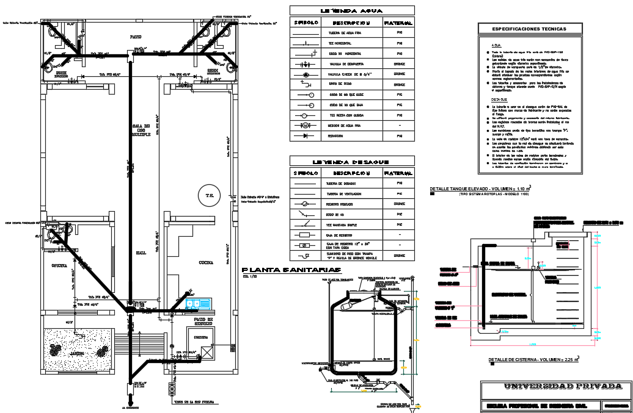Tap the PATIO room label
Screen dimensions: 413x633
[136, 37]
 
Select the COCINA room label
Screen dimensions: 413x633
[206, 263]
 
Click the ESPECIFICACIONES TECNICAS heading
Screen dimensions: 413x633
[530, 29]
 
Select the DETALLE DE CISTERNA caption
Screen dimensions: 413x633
[533, 360]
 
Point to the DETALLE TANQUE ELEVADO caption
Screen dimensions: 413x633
[480, 189]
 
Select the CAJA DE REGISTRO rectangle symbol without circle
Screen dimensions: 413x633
[304, 234]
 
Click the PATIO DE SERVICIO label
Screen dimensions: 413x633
[202, 321]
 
